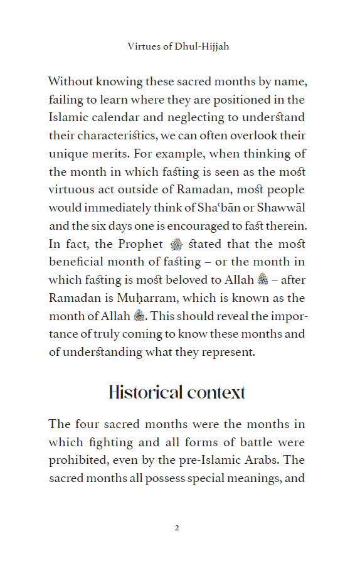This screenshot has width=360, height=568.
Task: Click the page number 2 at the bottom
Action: coord(177,527)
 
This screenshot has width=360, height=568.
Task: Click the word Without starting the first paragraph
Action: coord(73,82)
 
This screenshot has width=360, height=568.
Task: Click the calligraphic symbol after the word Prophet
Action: coord(176,244)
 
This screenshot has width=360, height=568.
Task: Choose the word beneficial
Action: coord(79,261)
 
